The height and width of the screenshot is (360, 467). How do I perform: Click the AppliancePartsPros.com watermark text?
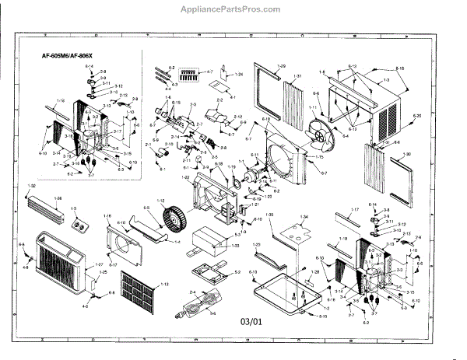[x=233, y=10]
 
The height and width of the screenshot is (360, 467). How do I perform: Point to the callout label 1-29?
[x=282, y=65]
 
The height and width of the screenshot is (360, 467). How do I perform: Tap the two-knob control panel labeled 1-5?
[x=76, y=226]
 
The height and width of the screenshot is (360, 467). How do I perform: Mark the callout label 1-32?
[x=32, y=187]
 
